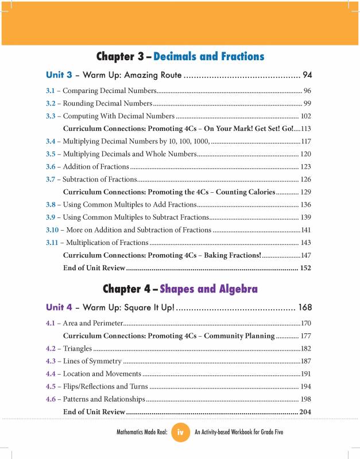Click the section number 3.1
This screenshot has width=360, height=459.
pyautogui.click(x=51, y=91)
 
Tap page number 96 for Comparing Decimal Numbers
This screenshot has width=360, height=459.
pyautogui.click(x=307, y=91)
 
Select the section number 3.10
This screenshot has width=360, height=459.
pyautogui.click(x=53, y=230)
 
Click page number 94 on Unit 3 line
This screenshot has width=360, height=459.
pyautogui.click(x=307, y=75)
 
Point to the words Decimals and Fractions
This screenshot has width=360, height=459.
pyautogui.click(x=209, y=56)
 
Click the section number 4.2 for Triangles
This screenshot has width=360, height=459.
pyautogui.click(x=51, y=348)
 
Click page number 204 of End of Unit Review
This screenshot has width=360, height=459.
pyautogui.click(x=305, y=412)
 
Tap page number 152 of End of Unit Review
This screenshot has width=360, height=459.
pyautogui.click(x=305, y=268)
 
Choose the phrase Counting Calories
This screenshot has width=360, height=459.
pyautogui.click(x=243, y=192)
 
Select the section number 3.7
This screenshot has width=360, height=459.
pyautogui.click(x=51, y=180)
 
